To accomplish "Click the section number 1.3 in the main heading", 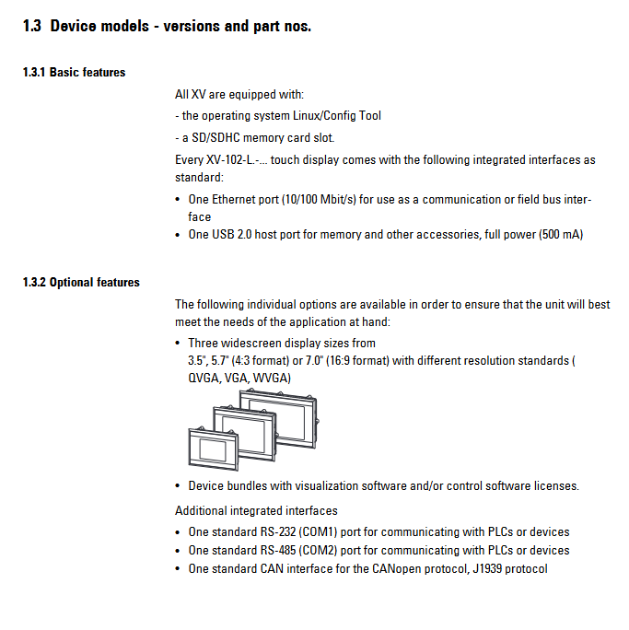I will [x=32, y=26].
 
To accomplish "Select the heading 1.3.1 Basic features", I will [x=74, y=73].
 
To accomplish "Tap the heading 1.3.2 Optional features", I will [x=81, y=283].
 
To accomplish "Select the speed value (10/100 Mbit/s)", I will [x=315, y=199].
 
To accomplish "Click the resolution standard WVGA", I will [x=269, y=378].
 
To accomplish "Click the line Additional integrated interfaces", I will [x=256, y=510].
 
